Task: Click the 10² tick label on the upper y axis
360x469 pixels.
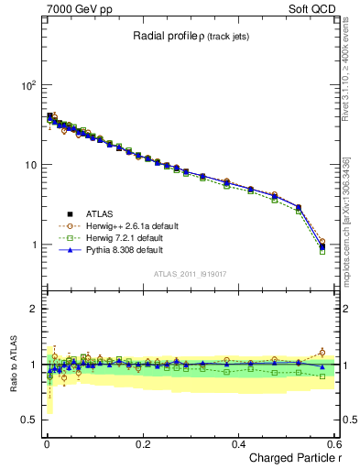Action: [27, 85]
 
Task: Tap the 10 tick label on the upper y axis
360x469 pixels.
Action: [29, 165]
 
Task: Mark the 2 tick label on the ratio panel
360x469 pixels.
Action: [33, 309]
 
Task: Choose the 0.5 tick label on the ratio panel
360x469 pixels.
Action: [28, 420]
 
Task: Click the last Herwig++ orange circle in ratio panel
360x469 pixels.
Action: [322, 352]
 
